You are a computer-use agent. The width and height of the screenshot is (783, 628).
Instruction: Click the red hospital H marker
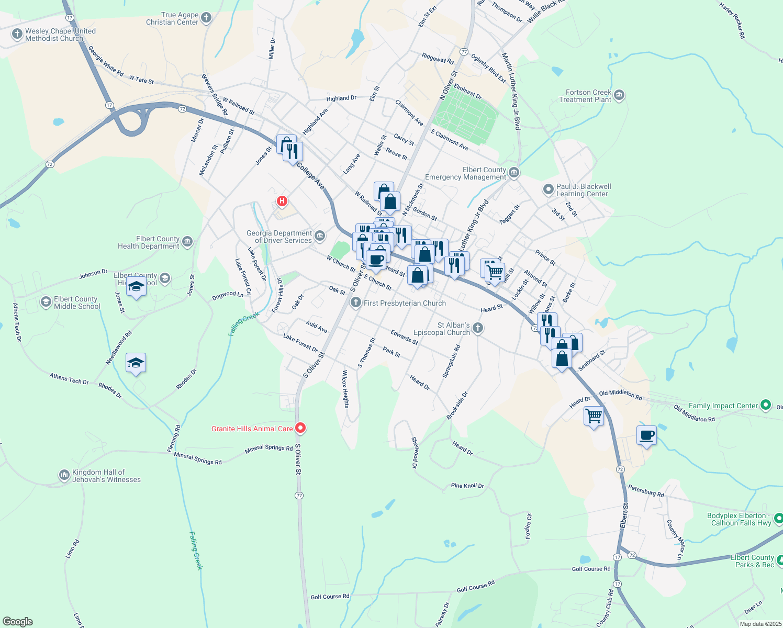pos(282,201)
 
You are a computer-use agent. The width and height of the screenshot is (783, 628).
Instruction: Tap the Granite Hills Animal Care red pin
pos(300,428)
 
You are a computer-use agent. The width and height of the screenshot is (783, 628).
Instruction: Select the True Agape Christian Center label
pos(172,19)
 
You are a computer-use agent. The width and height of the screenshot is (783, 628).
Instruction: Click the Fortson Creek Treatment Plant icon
pos(619,95)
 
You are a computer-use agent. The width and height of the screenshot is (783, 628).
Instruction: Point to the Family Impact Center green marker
pos(766,405)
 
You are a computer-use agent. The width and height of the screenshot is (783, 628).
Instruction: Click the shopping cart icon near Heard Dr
pos(594,417)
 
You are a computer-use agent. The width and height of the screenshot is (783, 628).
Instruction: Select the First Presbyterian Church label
pos(405,303)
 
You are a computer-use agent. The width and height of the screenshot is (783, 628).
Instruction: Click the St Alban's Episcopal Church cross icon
pos(477,328)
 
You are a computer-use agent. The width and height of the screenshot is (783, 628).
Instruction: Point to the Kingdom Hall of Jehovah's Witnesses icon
pos(64,475)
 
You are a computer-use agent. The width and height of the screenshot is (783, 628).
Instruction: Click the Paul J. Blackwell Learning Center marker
pos(548,189)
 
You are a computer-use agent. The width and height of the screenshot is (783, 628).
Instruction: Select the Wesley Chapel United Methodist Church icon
pos(17,34)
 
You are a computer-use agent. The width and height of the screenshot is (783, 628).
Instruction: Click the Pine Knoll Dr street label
pos(467,486)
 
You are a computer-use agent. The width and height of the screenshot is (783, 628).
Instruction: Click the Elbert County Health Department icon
pos(187,242)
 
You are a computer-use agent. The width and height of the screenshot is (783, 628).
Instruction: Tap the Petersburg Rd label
pos(646,491)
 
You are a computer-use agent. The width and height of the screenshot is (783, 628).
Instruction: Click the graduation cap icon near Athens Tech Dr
pos(136,363)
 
